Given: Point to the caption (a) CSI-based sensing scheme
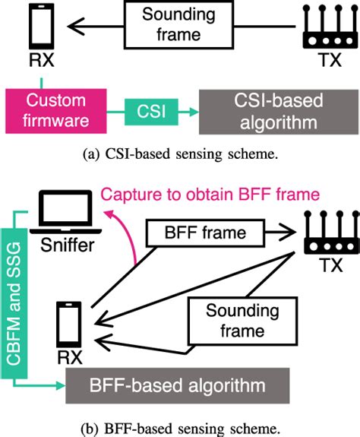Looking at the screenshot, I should [x=180, y=155].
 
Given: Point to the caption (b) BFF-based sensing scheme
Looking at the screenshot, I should [x=180, y=423].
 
